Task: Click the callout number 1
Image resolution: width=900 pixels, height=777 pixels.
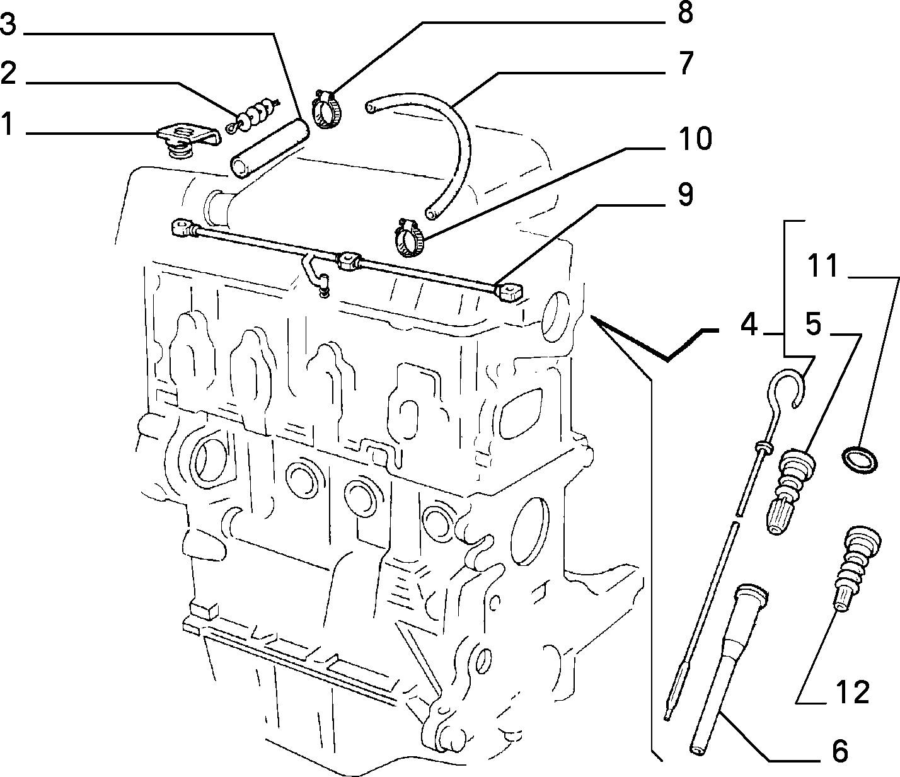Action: click(x=9, y=124)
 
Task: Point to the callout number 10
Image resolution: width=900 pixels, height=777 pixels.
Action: click(x=695, y=139)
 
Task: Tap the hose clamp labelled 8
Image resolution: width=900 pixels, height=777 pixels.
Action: click(x=326, y=109)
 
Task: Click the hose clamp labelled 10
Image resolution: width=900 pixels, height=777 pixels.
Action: click(x=408, y=238)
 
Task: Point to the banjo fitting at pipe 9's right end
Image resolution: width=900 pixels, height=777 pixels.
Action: click(x=509, y=292)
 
